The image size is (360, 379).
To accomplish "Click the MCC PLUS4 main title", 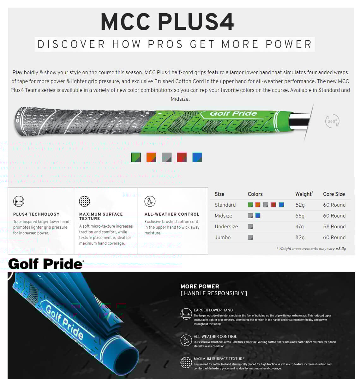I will click(167, 22).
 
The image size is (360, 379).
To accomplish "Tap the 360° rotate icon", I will click(332, 121).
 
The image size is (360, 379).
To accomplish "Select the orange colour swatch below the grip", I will click(151, 157).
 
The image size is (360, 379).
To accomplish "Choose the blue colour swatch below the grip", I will click(197, 157).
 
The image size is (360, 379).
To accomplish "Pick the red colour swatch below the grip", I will click(182, 157).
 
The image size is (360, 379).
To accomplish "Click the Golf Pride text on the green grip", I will click(233, 114).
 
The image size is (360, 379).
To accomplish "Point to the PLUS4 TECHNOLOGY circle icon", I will click(19, 201).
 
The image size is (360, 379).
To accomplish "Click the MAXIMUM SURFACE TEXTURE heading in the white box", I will click(101, 216).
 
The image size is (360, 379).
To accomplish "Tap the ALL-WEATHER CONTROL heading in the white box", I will click(172, 214).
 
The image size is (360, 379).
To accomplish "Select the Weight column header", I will click(304, 194).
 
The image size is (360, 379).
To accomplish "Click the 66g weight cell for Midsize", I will click(300, 216).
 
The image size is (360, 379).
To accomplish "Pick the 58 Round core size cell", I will click(334, 226).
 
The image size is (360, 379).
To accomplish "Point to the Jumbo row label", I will click(223, 237).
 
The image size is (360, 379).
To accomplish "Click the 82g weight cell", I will click(300, 237).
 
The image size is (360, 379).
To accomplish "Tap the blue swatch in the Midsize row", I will click(258, 216).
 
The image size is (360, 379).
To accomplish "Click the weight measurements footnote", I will click(311, 249).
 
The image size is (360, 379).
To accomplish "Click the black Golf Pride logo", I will click(46, 264).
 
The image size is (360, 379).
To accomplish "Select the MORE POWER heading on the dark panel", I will click(200, 286).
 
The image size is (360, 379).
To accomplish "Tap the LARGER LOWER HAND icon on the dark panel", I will click(186, 314).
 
